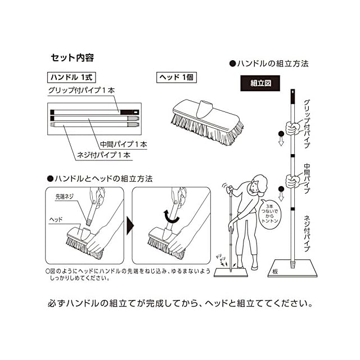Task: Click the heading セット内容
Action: pyautogui.click(x=72, y=57)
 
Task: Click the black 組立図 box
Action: pyautogui.click(x=261, y=82)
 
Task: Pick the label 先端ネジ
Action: pyautogui.click(x=64, y=197)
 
